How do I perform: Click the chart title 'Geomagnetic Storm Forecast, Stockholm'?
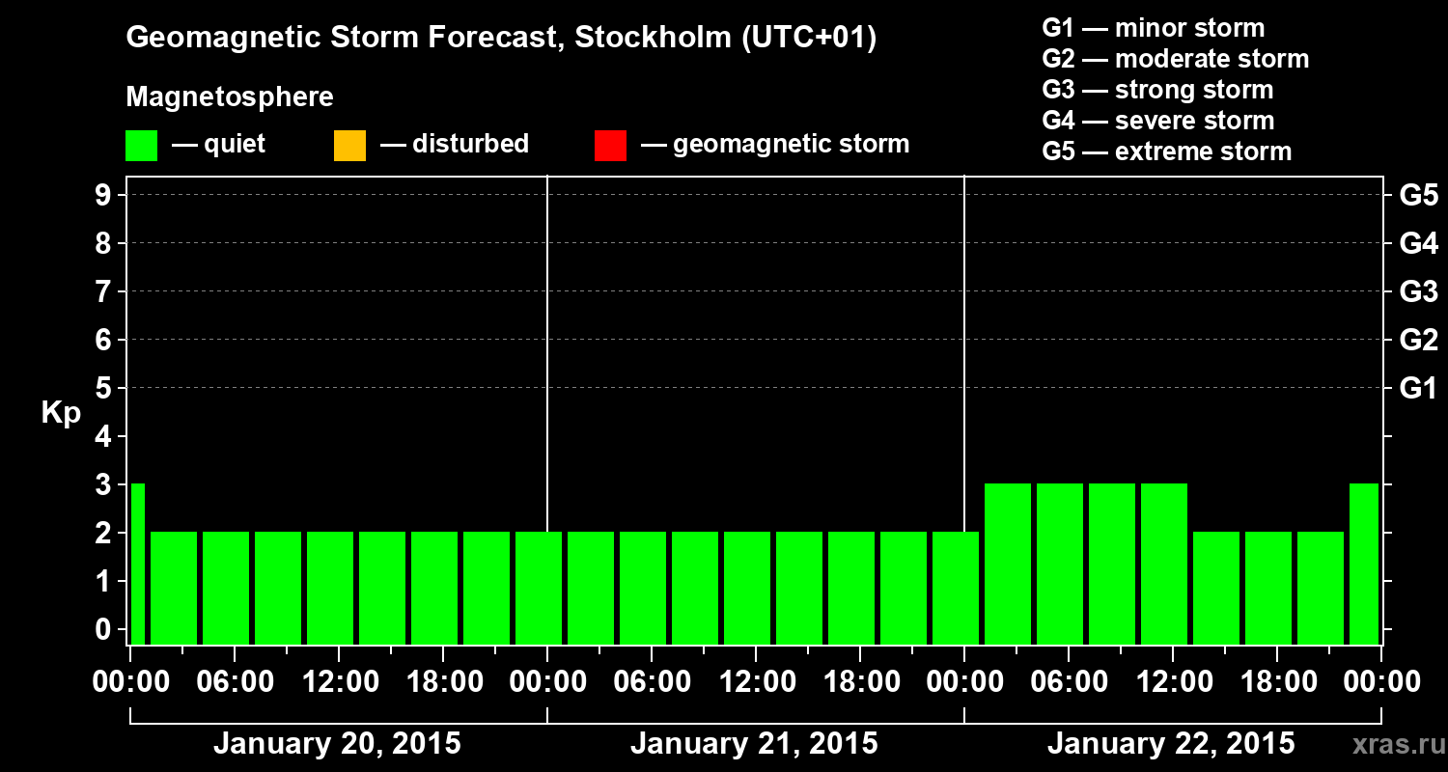[501, 39]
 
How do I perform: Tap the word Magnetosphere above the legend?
[230, 97]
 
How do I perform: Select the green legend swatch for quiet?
[141, 146]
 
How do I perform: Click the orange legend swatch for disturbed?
[349, 146]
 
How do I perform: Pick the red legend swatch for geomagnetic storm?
[610, 146]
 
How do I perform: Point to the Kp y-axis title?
[61, 413]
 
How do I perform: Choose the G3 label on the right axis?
[1418, 291]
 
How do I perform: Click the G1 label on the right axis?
[1418, 389]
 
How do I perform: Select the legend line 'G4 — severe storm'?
[1158, 121]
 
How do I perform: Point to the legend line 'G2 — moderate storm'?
[1176, 59]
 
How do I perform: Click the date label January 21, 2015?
[754, 744]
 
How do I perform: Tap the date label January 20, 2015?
[337, 744]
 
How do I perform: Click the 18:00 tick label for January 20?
[443, 682]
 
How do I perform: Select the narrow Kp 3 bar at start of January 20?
[137, 565]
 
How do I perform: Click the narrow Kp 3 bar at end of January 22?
[1363, 565]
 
